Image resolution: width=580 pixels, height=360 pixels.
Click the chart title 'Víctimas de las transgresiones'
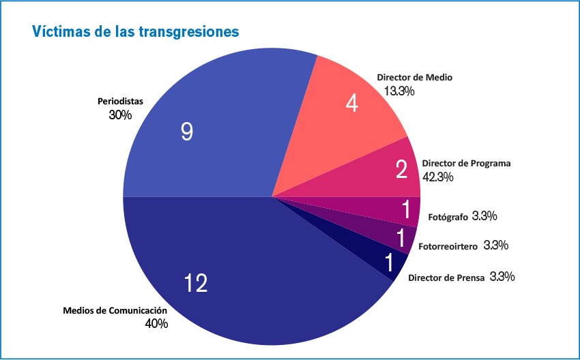point(134,32)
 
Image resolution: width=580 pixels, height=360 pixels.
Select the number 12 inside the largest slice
point(195,283)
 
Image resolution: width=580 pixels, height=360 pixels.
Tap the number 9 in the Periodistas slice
point(187,132)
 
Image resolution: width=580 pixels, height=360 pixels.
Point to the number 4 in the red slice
point(352,104)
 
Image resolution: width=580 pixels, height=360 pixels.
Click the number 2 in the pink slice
point(402,169)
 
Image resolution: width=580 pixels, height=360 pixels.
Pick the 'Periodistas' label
point(120,102)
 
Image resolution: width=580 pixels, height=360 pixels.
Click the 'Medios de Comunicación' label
point(115,311)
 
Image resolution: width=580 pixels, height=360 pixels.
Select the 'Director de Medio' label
point(415,78)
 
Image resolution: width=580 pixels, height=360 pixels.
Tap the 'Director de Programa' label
point(466,164)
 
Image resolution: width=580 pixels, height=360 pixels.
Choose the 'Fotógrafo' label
point(448,217)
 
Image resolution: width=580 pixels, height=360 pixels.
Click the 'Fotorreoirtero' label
point(447,245)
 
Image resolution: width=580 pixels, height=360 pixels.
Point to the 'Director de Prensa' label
point(446,278)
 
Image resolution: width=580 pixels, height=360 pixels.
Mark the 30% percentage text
point(120,115)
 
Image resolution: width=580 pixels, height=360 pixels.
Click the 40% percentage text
point(156,324)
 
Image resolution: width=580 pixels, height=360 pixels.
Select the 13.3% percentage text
point(399,91)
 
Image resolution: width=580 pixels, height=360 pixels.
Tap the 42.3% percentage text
point(438,177)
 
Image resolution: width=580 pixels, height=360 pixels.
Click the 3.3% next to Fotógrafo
point(484,216)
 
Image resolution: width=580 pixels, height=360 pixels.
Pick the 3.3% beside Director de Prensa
point(502,277)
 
